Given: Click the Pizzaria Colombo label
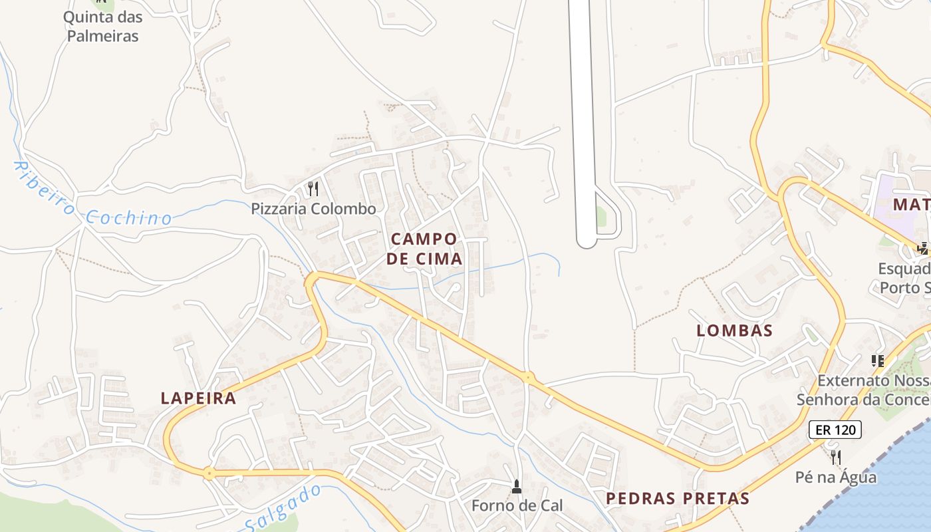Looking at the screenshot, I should coord(313,209).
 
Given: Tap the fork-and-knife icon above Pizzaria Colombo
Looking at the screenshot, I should coord(313,190).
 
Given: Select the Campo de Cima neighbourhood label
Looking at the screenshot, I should coord(424,249).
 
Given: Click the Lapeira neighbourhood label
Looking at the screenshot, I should coord(198,398).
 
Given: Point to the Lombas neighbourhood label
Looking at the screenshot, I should coord(734,331).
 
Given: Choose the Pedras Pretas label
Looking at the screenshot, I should coord(678,498).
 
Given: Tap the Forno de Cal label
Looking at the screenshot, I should coord(517,505).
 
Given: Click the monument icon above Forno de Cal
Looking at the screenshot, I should coord(517,487).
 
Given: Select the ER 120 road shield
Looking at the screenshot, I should coord(835,430).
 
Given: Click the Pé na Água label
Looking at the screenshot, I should coord(836,477).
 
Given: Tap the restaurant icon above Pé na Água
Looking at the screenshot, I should coord(836,458).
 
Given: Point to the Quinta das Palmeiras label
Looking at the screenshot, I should coord(102,27).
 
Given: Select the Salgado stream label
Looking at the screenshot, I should coord(283,509).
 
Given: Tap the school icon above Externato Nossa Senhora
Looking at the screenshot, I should coord(877,361).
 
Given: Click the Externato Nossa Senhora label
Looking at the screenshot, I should coord(864,390).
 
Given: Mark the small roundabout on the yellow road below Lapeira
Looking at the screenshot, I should coord(209,473).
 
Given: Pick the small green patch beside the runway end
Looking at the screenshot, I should coord(601,216).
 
